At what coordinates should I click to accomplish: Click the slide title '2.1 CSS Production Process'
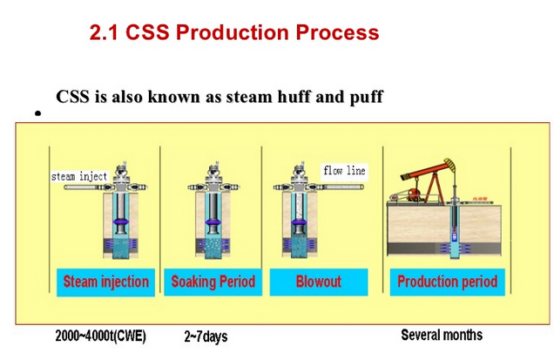coord(234,32)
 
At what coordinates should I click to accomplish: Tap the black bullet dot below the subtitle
coord(38,113)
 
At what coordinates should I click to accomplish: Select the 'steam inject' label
coord(79,176)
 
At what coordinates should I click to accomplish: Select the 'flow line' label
coord(344,171)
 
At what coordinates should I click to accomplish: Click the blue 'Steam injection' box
coord(105,282)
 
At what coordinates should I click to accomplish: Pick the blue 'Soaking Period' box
coord(213,282)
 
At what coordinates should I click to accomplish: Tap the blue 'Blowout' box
coord(319,282)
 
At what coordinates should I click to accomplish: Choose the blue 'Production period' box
coord(448,282)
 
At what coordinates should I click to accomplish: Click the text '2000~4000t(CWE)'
coord(100,336)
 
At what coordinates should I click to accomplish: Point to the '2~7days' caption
coord(206,336)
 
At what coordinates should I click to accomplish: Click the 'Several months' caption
coord(442,335)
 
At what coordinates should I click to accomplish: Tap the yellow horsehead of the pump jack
coord(450,165)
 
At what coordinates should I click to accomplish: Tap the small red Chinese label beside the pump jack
coord(480,199)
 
